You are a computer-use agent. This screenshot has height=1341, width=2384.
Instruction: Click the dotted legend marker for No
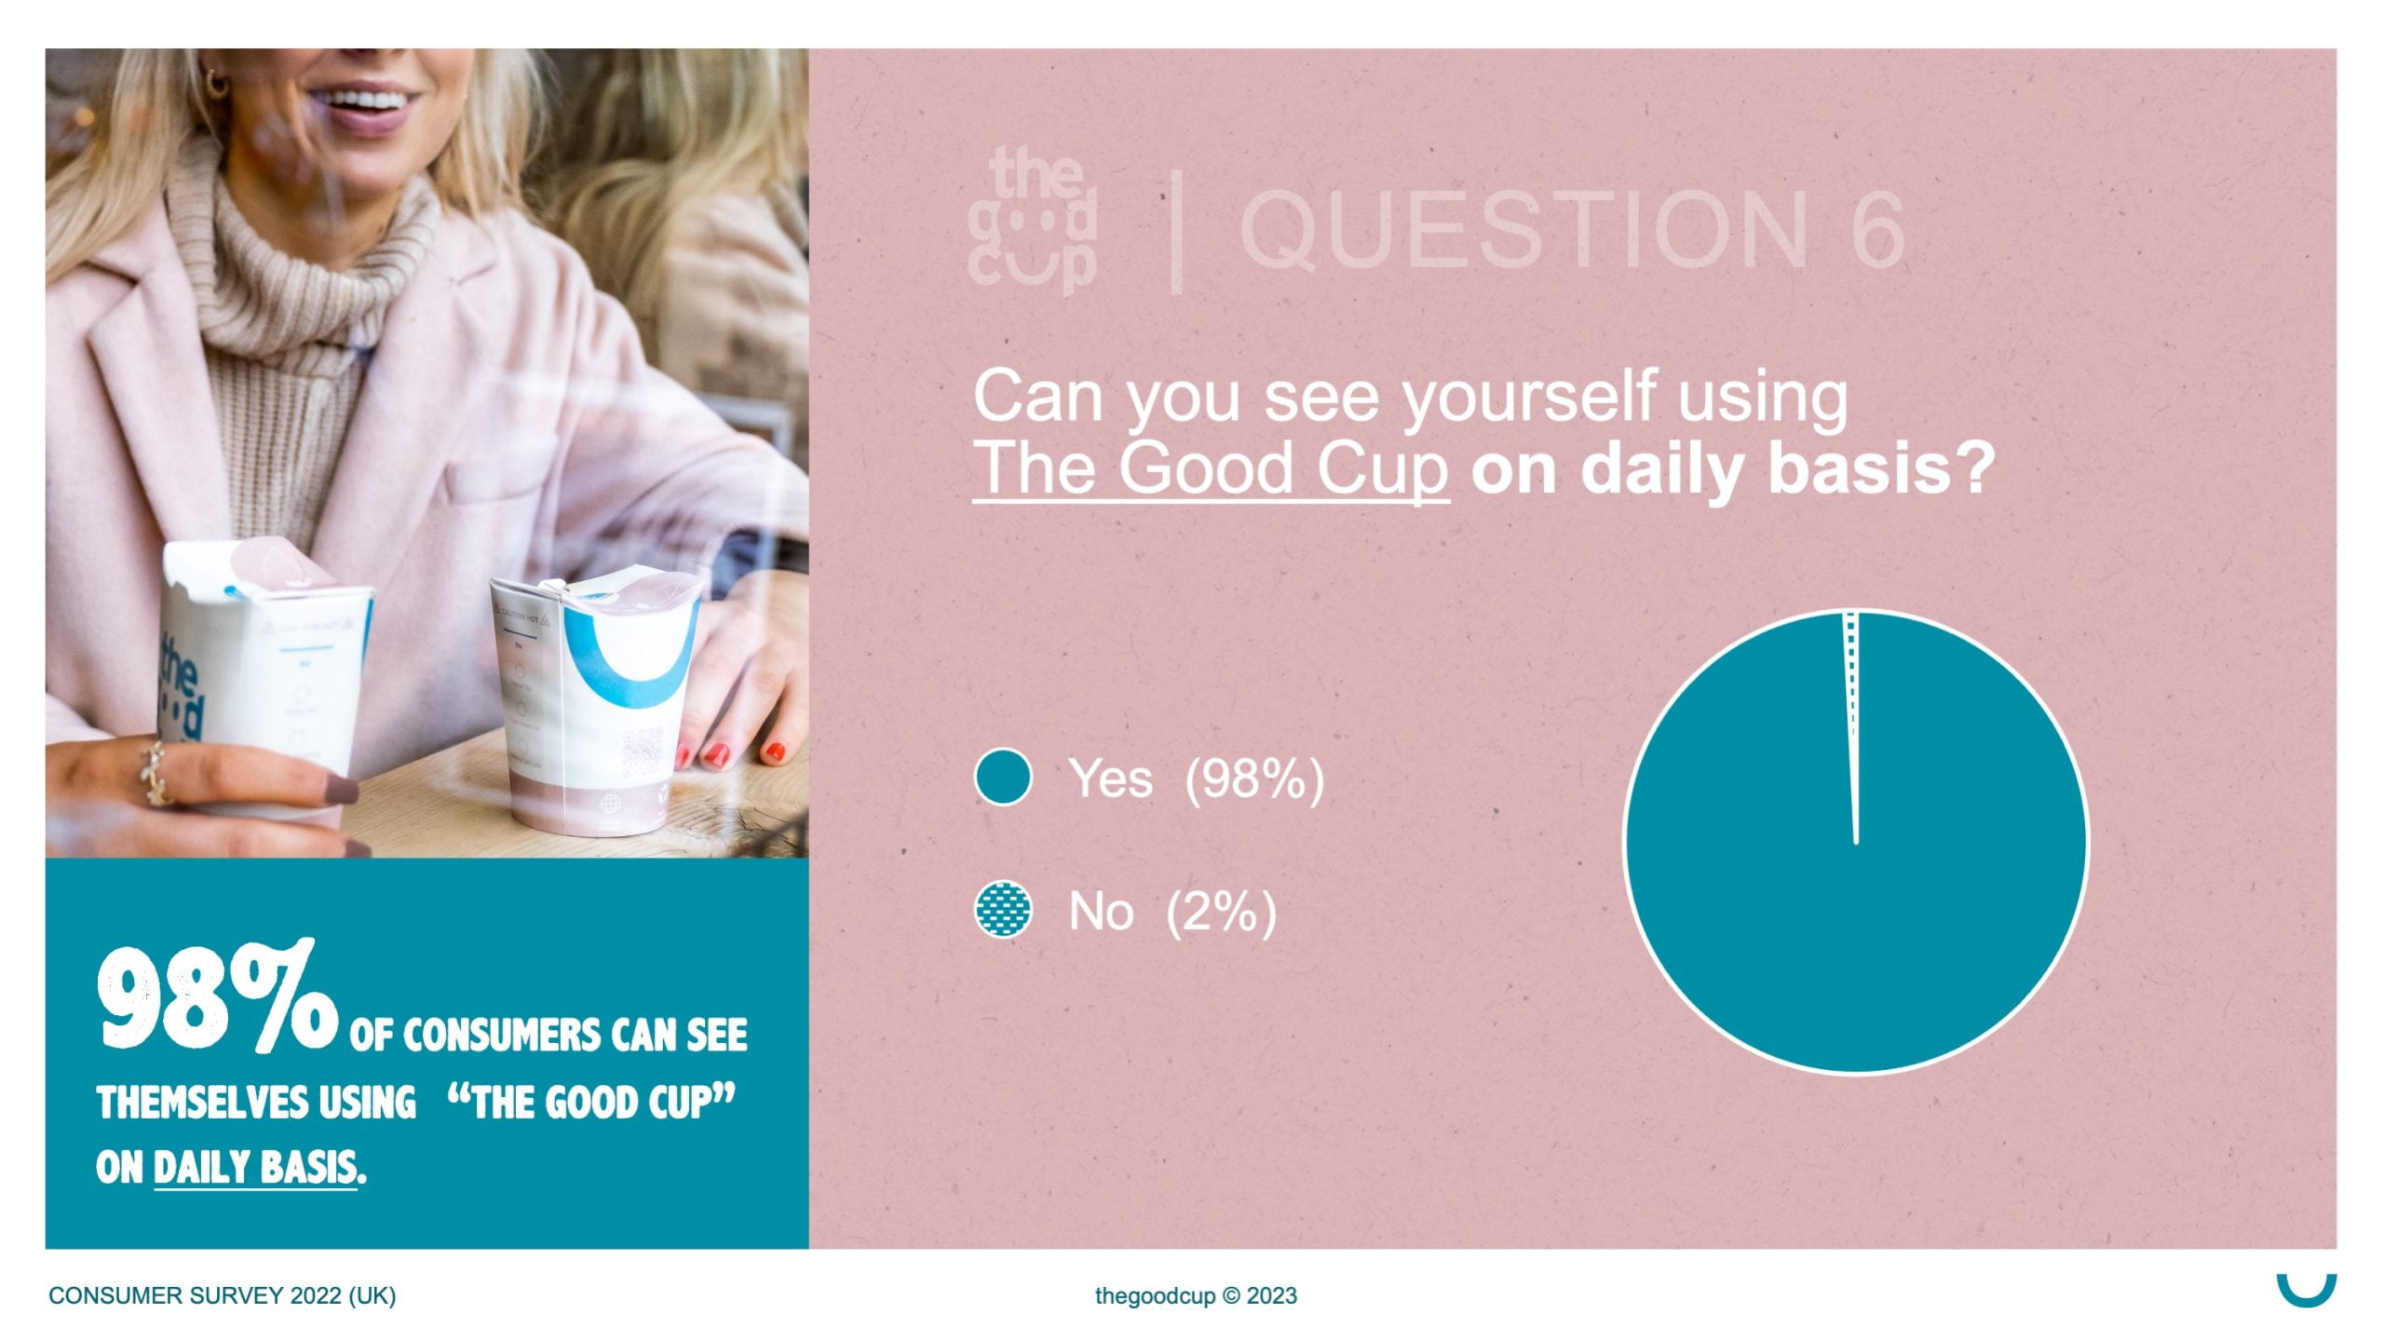click(x=1003, y=910)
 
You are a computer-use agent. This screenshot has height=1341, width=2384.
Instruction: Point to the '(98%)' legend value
click(x=1253, y=779)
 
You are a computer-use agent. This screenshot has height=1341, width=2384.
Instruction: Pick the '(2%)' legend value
click(x=1220, y=911)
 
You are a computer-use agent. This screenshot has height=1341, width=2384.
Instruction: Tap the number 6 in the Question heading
click(x=1871, y=228)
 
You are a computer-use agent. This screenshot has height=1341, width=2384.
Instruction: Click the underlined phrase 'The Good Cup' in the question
click(x=1211, y=468)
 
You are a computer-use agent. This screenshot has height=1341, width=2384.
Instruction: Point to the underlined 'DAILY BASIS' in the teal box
click(x=255, y=1168)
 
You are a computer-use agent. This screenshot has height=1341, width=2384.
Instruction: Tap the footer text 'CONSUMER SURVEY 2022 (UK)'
click(x=223, y=1295)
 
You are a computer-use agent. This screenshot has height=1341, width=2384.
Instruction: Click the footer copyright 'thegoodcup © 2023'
click(x=1196, y=1295)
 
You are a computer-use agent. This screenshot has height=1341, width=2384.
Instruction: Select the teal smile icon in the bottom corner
click(x=2307, y=1293)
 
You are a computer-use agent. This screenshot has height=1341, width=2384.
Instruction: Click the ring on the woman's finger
click(x=156, y=773)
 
